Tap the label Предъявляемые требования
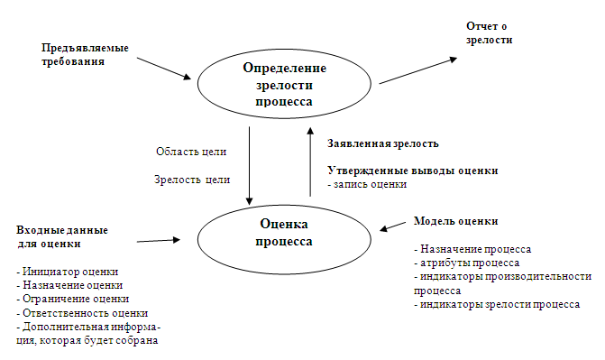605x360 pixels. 85,54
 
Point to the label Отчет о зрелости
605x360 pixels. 489,32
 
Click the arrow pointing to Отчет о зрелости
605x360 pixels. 418,70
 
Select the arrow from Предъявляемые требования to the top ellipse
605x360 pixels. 164,69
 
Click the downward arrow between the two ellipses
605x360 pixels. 249,166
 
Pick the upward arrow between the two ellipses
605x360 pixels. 310,162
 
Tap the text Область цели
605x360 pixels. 191,152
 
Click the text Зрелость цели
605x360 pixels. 192,180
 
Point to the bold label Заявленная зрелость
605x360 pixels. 383,143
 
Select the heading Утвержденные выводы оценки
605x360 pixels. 413,171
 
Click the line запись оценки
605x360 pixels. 367,184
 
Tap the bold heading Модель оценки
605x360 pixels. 455,221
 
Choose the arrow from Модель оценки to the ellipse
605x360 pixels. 393,226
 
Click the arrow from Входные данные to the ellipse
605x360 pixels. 159,241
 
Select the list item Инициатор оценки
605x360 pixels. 68,272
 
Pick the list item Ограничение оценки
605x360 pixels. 73,299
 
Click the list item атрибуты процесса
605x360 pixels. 467,263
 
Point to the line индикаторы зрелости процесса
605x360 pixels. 497,304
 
